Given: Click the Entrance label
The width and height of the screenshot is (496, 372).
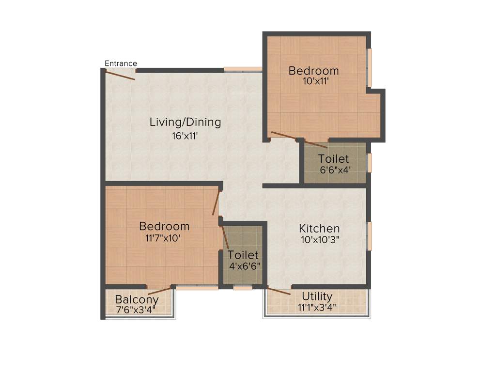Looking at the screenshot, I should [x=121, y=63].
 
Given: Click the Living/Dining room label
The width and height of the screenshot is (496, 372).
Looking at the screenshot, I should [x=185, y=122].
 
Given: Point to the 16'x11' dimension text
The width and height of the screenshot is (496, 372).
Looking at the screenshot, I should [x=185, y=136].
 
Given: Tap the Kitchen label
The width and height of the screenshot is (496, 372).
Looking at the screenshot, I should [x=319, y=228].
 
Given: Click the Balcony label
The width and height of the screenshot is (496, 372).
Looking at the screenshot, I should [x=137, y=299].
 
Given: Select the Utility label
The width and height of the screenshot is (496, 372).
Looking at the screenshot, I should [x=317, y=296].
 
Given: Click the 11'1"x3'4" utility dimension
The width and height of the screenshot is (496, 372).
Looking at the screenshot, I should [x=317, y=307].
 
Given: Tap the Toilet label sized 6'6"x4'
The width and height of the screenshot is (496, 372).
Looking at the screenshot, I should [x=333, y=159].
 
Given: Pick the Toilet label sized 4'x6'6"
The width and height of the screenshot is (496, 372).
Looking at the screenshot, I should [x=243, y=255].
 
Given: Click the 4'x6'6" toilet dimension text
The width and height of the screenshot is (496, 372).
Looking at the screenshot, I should [x=245, y=265].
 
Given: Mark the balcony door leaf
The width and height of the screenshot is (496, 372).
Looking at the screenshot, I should [x=160, y=291].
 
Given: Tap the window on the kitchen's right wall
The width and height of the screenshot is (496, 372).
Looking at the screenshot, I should [x=369, y=236].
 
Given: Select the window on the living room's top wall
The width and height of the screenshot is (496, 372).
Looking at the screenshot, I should [x=243, y=69].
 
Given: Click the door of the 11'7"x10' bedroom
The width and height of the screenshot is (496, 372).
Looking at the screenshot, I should [x=216, y=203].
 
